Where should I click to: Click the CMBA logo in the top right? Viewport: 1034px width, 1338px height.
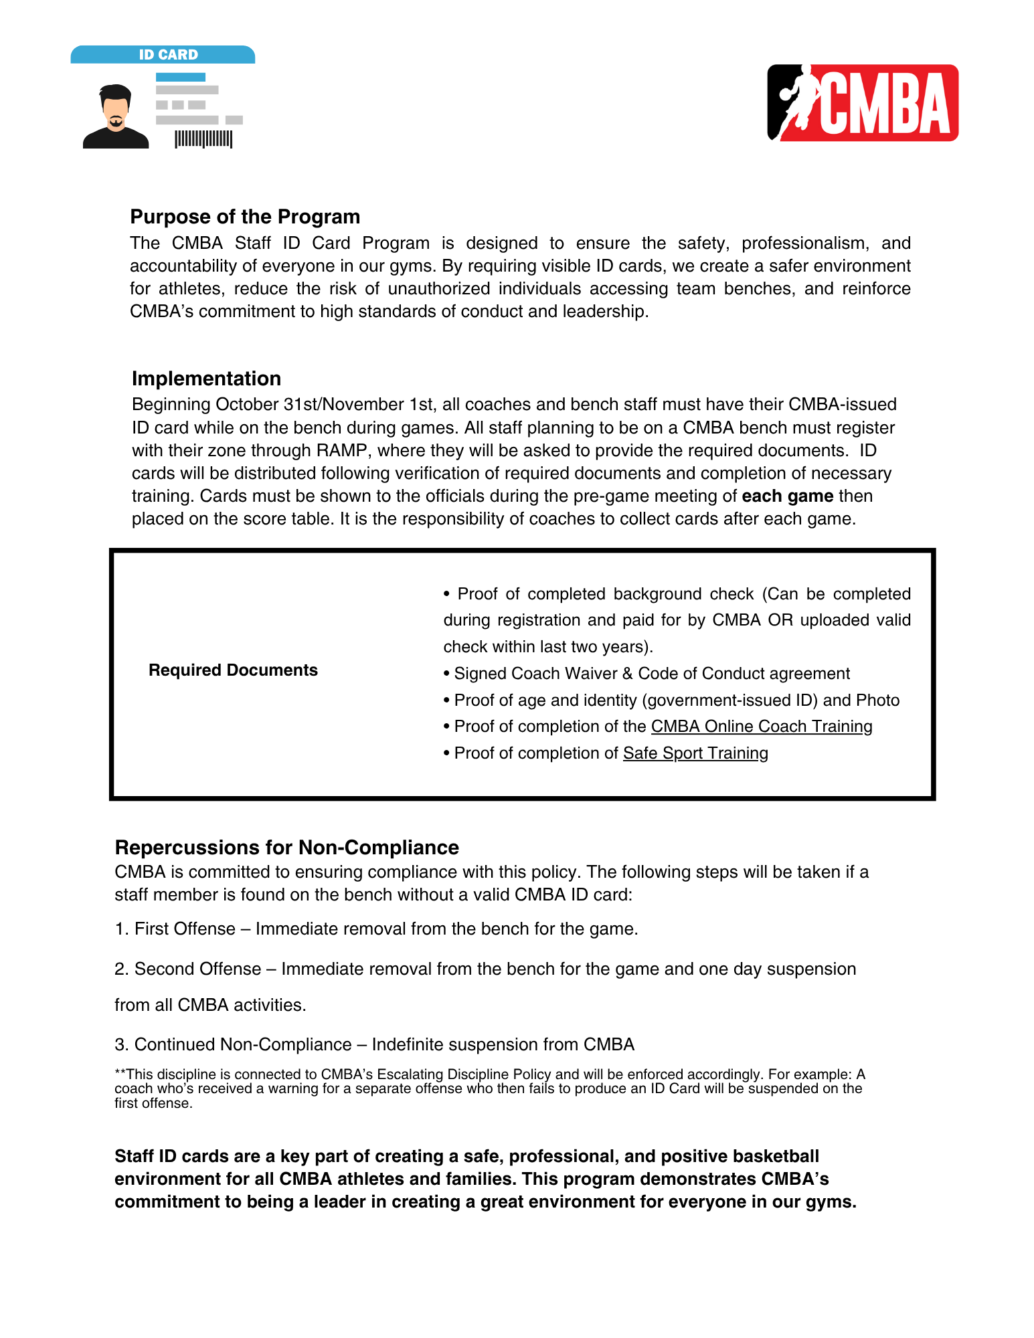coord(862,102)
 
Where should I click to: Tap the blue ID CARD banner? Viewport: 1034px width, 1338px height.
coord(163,55)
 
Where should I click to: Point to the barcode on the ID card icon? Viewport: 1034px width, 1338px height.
coord(203,139)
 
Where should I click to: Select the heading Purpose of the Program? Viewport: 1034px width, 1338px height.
coord(245,217)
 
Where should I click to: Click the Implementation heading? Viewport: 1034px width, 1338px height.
coord(206,379)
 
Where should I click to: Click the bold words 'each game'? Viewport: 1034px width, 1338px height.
coord(787,496)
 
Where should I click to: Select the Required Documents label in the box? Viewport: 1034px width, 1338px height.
coord(233,670)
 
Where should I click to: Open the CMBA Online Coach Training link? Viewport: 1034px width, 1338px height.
coord(761,727)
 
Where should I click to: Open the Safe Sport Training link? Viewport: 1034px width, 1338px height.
coord(695,753)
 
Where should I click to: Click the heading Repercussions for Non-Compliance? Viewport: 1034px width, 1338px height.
coord(286,848)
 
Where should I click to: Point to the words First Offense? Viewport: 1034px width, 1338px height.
coord(185,929)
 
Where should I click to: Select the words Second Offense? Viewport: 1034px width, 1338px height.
coord(197,969)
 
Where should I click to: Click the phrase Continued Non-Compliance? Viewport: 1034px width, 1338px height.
coord(243,1045)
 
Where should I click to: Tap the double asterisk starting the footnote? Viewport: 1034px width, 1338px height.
coord(120,1074)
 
